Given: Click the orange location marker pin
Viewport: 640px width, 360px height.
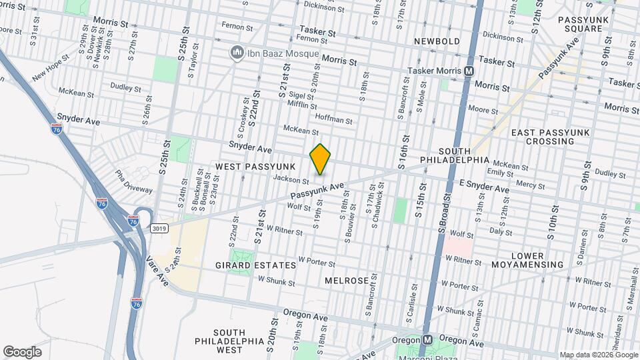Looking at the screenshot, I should click(321, 159).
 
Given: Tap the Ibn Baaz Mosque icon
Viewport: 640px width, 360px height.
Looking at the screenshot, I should click(236, 53).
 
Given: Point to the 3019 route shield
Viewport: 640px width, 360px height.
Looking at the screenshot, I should click(159, 228).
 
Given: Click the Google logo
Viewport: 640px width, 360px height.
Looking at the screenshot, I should click(22, 352).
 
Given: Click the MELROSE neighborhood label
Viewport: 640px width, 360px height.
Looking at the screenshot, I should click(347, 281).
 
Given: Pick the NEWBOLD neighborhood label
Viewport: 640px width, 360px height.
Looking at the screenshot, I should click(437, 41).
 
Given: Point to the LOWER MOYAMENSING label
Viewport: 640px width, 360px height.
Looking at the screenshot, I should click(537, 260).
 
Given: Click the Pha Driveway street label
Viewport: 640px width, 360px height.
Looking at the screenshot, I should click(134, 182).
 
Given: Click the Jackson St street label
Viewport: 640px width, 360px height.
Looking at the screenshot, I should click(291, 179).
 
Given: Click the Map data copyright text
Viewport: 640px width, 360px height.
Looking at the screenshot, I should click(597, 355).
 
